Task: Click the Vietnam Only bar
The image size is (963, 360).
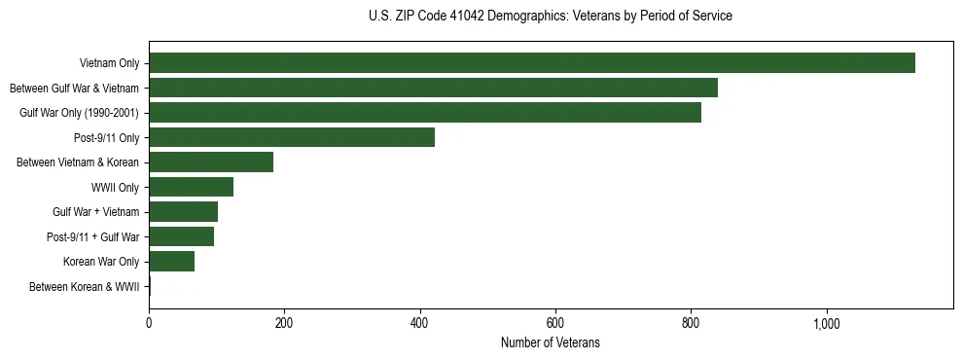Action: [x=531, y=63]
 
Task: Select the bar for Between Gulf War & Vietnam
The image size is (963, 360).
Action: [x=433, y=88]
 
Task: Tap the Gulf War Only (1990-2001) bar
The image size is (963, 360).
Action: [x=424, y=113]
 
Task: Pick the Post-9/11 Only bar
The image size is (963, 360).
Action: [x=292, y=138]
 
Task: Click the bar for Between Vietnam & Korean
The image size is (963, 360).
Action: [x=211, y=162]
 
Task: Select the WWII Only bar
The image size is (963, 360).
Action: [x=191, y=187]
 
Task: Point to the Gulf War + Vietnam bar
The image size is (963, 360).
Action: [x=183, y=212]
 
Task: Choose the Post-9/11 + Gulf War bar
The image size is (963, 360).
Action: [x=181, y=236]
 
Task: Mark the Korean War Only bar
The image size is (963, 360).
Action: [x=171, y=262]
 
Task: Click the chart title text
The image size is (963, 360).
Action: [x=551, y=17]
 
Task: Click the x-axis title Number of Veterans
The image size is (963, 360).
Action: [x=550, y=343]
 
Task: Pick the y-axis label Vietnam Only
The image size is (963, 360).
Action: [x=110, y=63]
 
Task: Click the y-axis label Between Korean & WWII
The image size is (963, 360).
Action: [x=85, y=287]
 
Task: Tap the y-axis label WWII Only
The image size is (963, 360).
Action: [x=115, y=187]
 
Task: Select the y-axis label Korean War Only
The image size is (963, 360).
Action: [x=101, y=262]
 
